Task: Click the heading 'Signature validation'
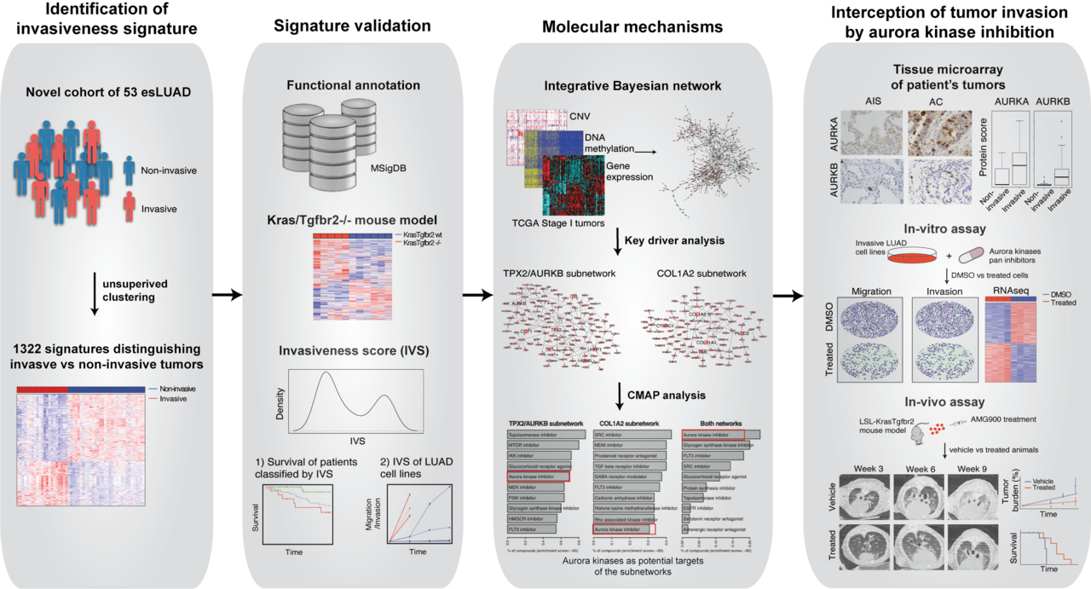pos(352,26)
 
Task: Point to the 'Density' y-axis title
pos(280,402)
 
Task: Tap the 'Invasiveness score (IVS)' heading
pos(352,349)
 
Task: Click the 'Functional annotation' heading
pos(352,85)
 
